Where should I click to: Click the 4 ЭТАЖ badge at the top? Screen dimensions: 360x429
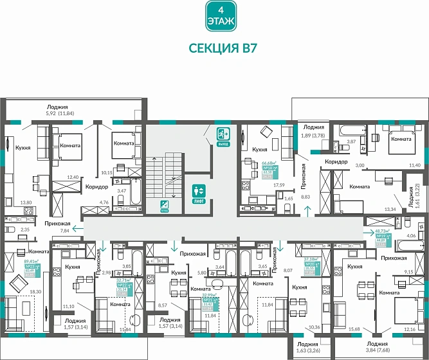click(x=219, y=16)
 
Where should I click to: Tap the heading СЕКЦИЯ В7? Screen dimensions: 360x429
click(x=219, y=48)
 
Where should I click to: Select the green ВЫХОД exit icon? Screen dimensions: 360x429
click(x=223, y=136)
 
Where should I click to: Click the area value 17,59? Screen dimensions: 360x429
click(x=278, y=185)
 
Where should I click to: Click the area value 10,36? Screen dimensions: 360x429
click(x=314, y=328)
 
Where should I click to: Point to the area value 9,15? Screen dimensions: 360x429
click(x=408, y=271)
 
